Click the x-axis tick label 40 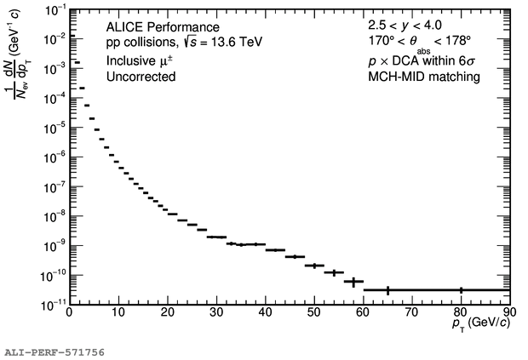(266, 312)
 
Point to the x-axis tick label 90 (509, 312)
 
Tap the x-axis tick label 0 (70, 312)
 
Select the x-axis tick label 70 (412, 312)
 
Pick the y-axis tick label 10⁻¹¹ (53, 303)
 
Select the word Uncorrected (141, 77)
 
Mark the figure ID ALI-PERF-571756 (55, 351)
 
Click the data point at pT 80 (461, 290)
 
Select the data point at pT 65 (387, 290)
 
